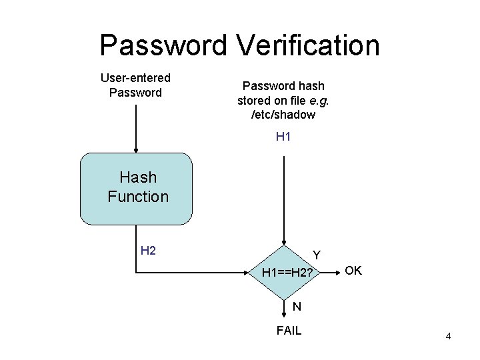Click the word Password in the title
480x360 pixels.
pos(163,45)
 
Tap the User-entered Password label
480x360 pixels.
pos(135,85)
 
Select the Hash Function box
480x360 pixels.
pos(136,188)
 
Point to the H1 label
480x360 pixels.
pos(283,137)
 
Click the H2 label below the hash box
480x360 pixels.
pos(148,251)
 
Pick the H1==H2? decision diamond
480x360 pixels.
pos(285,272)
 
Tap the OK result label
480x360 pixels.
pos(353,271)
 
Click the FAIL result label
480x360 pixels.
pos(289,330)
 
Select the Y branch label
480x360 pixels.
pos(317,255)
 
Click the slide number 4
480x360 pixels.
pos(448,337)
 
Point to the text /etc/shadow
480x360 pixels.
pos(283,115)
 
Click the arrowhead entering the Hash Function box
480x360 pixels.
pos(136,150)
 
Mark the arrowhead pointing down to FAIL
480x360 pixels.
pos(285,316)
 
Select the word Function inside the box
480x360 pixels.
pos(138,197)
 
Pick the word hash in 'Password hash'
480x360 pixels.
pos(311,86)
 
